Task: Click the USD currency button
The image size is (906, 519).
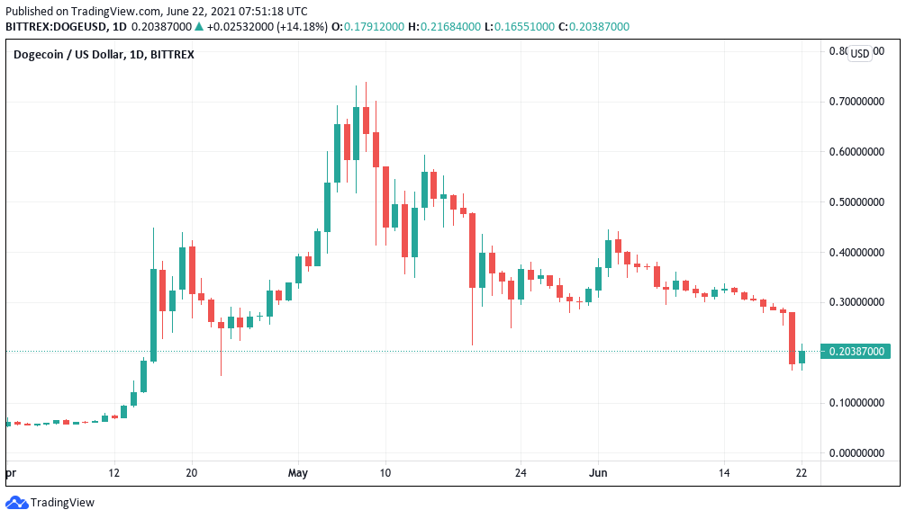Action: coord(860,54)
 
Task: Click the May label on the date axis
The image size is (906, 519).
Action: coord(298,471)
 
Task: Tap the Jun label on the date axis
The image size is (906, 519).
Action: coord(598,471)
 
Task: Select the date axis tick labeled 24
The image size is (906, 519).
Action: coord(520,471)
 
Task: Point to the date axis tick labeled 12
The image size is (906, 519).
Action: coord(113,471)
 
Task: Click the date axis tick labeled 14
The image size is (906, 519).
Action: coord(724,471)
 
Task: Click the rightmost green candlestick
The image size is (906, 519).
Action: coord(802,356)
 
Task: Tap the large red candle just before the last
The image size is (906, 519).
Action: coord(793,338)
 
